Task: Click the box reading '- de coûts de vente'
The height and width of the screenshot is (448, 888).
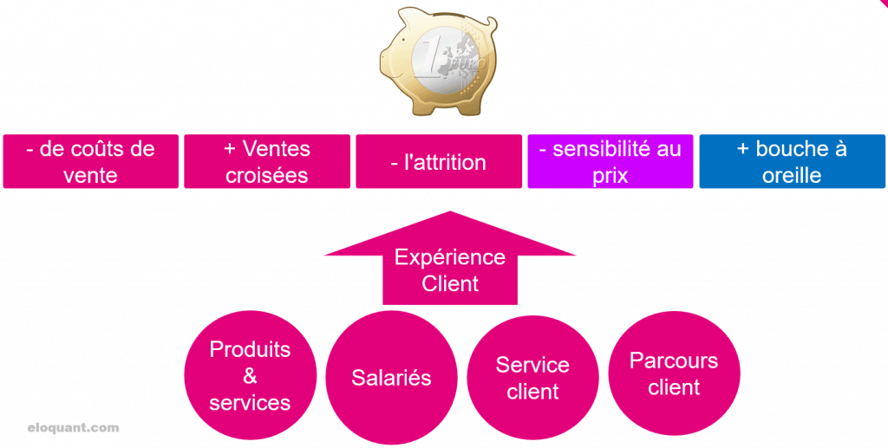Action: (90, 161)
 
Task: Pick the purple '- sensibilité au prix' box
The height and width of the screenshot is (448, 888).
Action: (610, 161)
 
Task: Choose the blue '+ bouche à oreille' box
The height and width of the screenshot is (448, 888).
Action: (792, 161)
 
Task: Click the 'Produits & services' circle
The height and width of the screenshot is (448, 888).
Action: (250, 375)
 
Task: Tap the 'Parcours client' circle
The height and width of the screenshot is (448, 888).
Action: (674, 373)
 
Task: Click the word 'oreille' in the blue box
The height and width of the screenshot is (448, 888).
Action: (792, 175)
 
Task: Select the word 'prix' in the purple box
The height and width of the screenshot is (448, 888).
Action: (610, 175)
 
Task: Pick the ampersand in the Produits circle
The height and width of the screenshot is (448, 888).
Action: (250, 376)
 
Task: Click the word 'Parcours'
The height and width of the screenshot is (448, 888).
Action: (674, 360)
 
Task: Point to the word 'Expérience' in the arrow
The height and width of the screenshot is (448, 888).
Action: (449, 257)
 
